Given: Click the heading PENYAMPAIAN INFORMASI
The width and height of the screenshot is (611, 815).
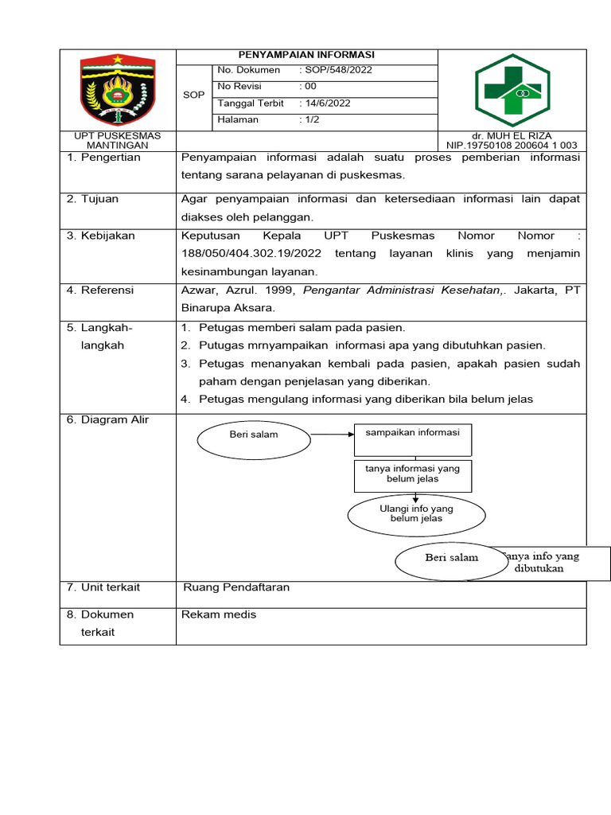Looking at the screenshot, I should tap(306, 56).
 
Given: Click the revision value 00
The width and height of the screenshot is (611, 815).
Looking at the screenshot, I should tap(311, 87).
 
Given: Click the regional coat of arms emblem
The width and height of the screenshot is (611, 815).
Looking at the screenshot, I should tap(118, 89).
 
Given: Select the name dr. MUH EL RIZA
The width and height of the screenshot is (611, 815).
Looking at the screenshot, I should tap(511, 136).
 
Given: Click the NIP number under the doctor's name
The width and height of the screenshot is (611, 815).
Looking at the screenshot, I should tap(511, 146).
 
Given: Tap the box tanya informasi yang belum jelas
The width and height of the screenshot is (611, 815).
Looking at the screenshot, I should tap(412, 474).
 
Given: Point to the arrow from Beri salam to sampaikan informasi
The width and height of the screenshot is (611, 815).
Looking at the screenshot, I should tap(332, 435).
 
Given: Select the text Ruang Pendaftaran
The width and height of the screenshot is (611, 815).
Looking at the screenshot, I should tap(236, 587).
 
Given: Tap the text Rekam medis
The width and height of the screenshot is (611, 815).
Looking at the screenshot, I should tap(219, 614).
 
